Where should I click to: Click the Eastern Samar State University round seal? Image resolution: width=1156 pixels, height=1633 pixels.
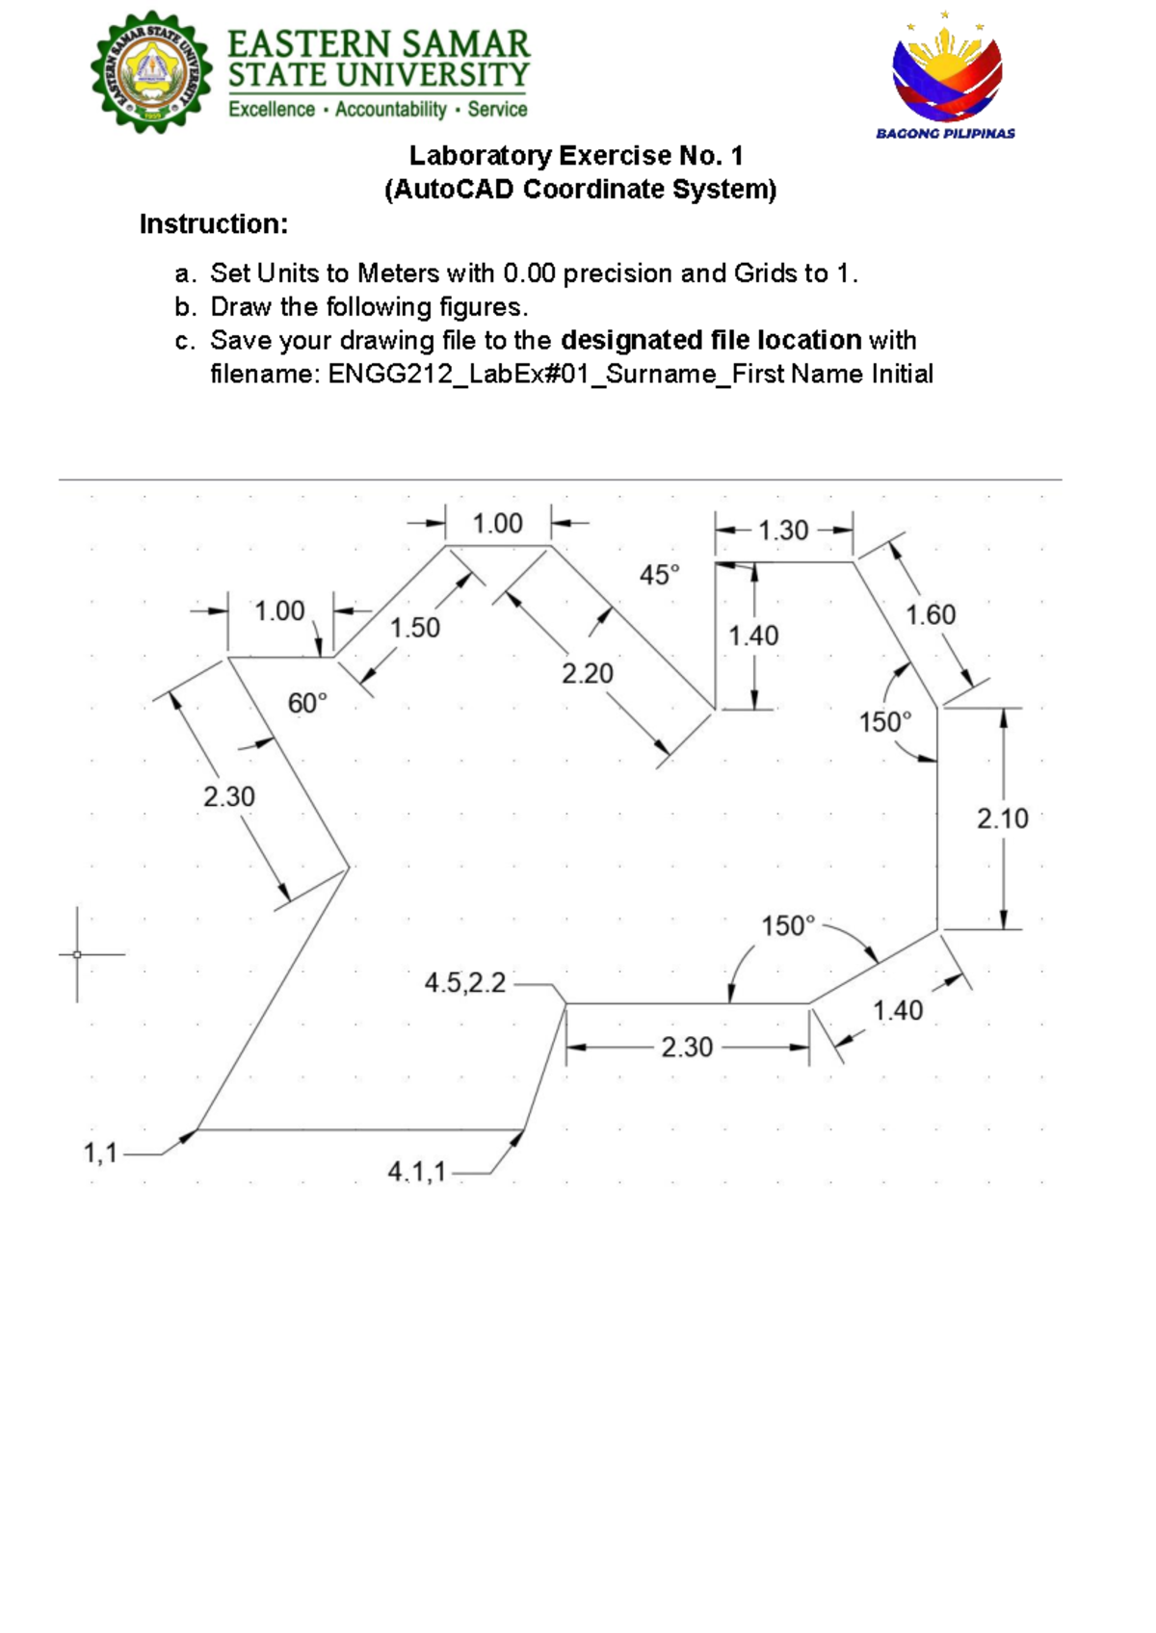click(x=151, y=71)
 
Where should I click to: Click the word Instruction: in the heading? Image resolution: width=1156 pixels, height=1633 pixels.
click(x=214, y=223)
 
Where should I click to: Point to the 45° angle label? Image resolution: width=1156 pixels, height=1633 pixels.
click(x=659, y=575)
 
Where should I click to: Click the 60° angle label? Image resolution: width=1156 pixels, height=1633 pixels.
click(x=307, y=703)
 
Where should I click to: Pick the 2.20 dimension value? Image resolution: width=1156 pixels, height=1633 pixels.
click(x=587, y=673)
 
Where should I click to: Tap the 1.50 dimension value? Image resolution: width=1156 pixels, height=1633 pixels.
click(x=415, y=628)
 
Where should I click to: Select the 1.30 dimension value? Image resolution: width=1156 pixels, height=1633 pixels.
click(x=783, y=530)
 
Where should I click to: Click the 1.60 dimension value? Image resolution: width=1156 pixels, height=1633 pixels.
click(x=931, y=614)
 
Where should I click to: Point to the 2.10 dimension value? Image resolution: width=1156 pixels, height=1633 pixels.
click(x=1003, y=818)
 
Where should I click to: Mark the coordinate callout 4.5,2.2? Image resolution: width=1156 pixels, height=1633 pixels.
click(x=465, y=983)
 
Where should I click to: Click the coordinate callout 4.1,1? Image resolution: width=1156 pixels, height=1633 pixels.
click(x=416, y=1172)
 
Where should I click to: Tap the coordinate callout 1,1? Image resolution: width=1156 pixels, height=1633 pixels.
click(x=100, y=1153)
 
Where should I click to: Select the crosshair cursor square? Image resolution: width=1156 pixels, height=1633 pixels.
click(x=77, y=953)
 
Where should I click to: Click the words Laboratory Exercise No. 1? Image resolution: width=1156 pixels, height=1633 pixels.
click(x=576, y=155)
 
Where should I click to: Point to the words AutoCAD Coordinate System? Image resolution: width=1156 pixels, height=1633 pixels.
click(x=581, y=189)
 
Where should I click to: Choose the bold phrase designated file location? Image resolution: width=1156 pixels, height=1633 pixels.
click(x=711, y=341)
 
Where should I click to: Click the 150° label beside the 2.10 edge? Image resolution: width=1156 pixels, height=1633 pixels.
click(x=885, y=722)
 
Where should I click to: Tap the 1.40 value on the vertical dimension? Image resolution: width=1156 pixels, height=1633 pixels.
click(x=753, y=635)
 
